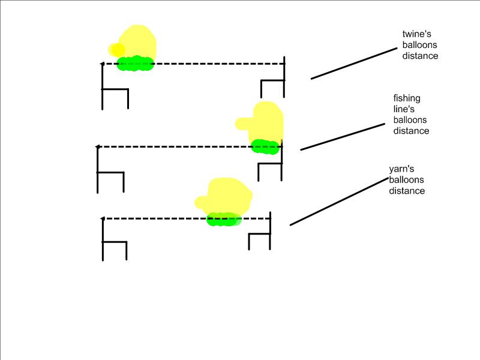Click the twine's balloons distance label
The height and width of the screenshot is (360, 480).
tap(420, 45)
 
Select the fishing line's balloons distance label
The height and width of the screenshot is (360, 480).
tap(411, 114)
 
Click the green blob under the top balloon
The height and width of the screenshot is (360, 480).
tap(135, 64)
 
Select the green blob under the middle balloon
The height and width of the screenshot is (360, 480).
tap(265, 146)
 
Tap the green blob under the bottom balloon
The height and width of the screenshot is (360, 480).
tap(224, 220)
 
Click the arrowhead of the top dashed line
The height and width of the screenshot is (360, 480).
tap(102, 63)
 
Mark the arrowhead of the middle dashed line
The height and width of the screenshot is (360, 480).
tap(97, 146)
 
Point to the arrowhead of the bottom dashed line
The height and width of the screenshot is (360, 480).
tap(103, 218)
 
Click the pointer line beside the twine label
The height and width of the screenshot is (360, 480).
tap(354, 62)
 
